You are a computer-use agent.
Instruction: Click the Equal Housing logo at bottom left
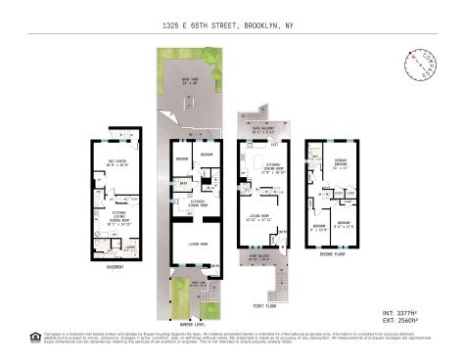tap(36, 338)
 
